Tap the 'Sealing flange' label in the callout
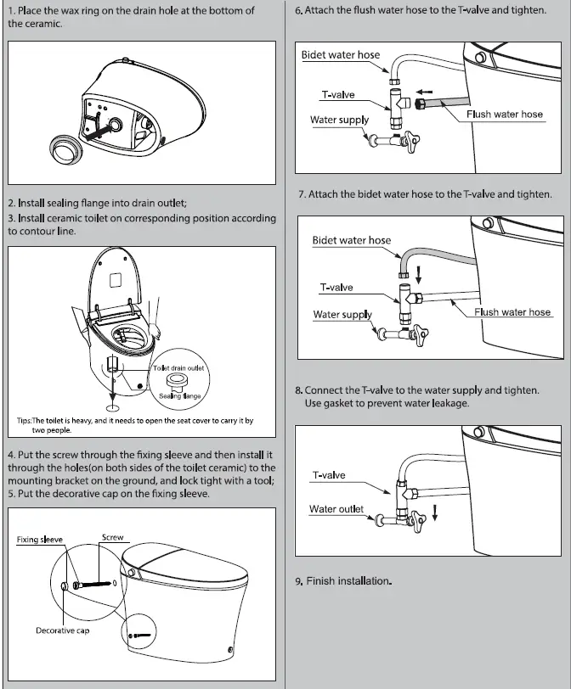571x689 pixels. (x=180, y=396)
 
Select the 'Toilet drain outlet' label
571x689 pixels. (x=181, y=368)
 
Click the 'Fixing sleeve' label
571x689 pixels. (x=40, y=540)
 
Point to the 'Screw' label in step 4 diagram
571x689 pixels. (x=112, y=537)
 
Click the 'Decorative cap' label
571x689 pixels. (x=62, y=630)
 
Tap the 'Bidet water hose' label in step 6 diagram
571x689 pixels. (x=341, y=55)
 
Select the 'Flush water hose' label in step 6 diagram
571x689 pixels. (x=505, y=114)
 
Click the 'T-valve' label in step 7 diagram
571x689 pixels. (x=336, y=288)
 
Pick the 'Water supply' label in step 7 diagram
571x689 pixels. (x=342, y=315)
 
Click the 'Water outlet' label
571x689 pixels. (x=336, y=509)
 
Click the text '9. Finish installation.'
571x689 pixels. (x=343, y=581)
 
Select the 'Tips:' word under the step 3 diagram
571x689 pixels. (x=25, y=421)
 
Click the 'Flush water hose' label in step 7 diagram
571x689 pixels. (x=512, y=312)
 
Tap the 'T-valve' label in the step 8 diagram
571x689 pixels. (x=329, y=475)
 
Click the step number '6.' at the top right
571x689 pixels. (x=299, y=12)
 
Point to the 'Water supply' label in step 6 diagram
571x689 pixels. (x=339, y=120)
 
